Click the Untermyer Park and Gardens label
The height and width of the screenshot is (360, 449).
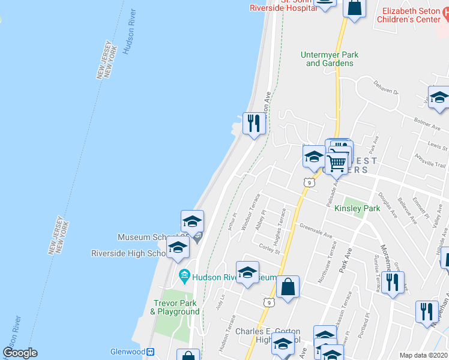coord(330,59)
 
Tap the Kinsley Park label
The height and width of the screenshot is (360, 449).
coord(357,209)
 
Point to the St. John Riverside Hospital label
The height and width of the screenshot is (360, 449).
coord(283,5)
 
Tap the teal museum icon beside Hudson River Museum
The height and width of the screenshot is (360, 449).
coord(185,277)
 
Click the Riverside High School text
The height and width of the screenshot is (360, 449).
coord(129,253)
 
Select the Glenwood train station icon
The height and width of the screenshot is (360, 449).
coord(151,352)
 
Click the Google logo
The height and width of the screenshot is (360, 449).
coord(20,353)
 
